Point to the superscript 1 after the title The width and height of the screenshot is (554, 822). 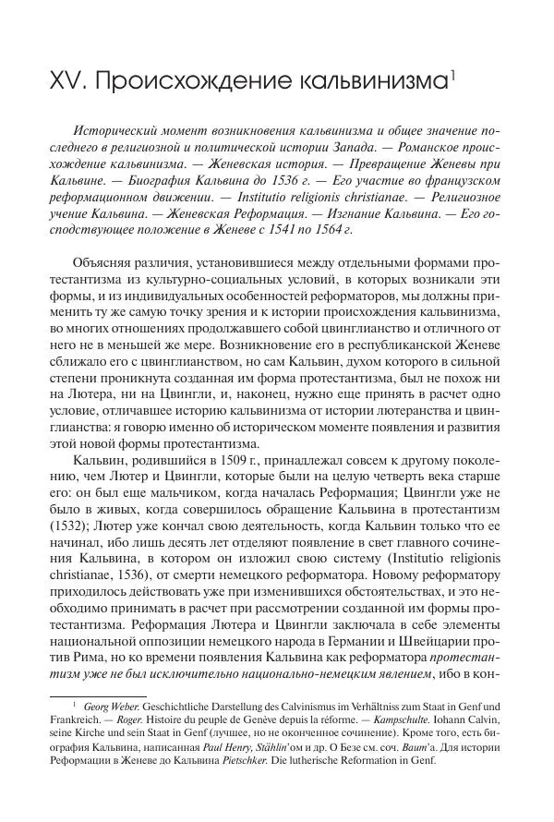coord(451,77)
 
